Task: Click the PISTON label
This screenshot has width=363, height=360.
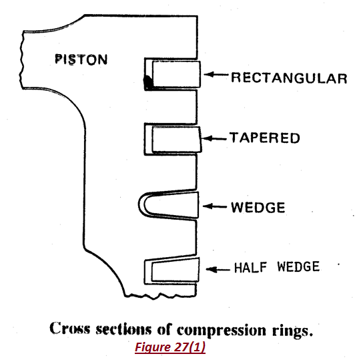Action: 81,59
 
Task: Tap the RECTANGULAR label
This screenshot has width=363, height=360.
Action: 288,78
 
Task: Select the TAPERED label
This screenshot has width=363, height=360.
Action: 265,138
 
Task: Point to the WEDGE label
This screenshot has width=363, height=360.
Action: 258,207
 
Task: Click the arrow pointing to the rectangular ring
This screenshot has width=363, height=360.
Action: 215,76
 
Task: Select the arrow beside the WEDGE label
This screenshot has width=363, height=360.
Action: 215,206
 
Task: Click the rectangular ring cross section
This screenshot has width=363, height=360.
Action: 174,75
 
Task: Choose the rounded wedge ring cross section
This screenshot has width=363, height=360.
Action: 171,205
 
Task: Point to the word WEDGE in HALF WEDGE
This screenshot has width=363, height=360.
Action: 296,268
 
